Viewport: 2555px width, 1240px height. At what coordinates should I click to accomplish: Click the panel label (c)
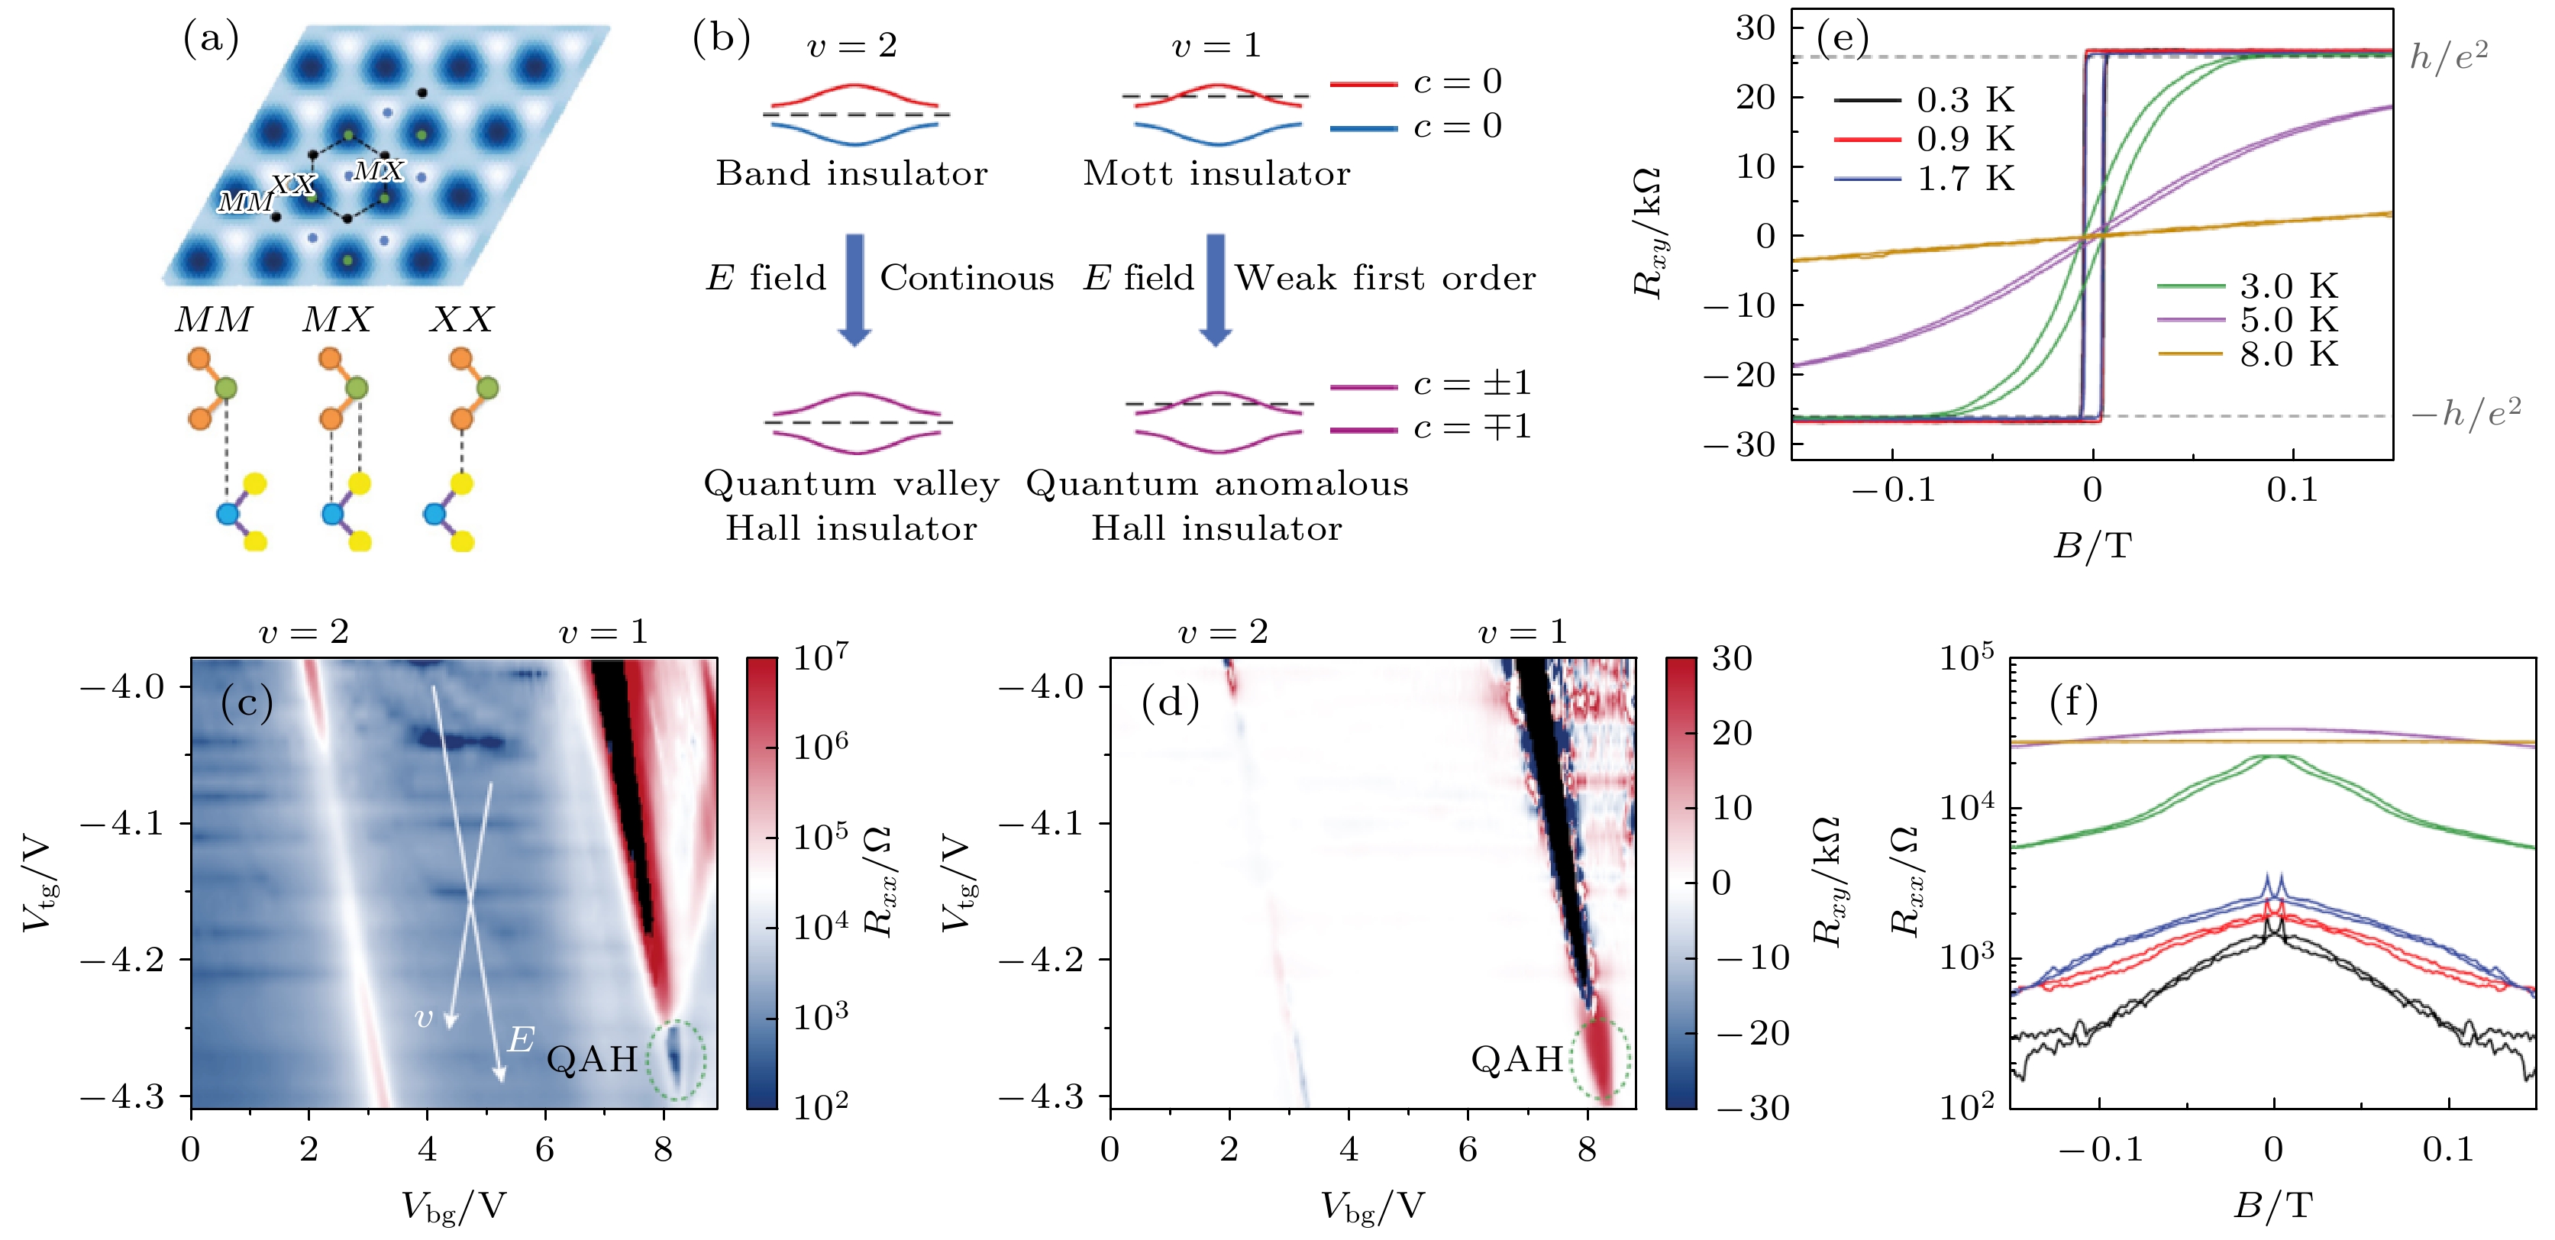pyautogui.click(x=247, y=702)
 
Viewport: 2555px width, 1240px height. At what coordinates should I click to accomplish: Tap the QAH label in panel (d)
pyautogui.click(x=1517, y=1060)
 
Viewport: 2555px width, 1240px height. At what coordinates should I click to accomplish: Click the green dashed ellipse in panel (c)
pyautogui.click(x=677, y=1060)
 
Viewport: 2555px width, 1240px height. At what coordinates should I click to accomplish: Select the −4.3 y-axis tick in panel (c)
pyautogui.click(x=122, y=1096)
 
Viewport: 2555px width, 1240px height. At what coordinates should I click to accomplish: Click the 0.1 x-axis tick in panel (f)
pyautogui.click(x=2448, y=1150)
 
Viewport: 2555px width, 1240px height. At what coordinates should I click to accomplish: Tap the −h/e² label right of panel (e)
pyautogui.click(x=2466, y=411)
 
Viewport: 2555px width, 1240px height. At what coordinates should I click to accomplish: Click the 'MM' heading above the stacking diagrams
pyautogui.click(x=213, y=319)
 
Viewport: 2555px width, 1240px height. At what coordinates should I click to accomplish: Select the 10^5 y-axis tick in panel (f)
pyautogui.click(x=1967, y=659)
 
